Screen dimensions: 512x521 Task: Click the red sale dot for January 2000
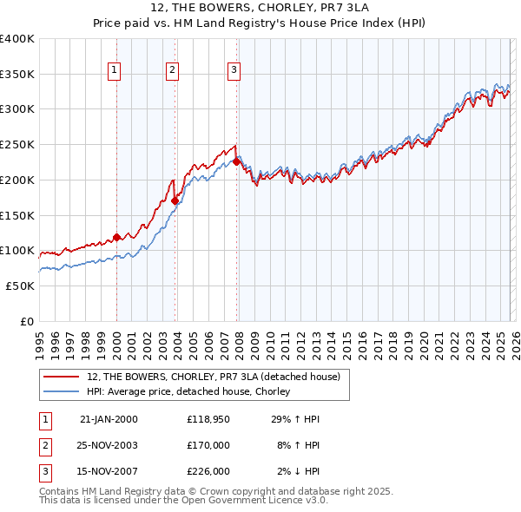[116, 237]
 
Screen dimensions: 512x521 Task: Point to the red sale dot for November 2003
[175, 200]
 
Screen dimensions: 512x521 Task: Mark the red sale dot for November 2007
[236, 161]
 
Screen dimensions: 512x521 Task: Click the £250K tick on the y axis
[17, 145]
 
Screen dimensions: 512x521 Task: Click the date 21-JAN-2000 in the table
[109, 419]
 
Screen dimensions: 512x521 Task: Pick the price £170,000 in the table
[208, 445]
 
